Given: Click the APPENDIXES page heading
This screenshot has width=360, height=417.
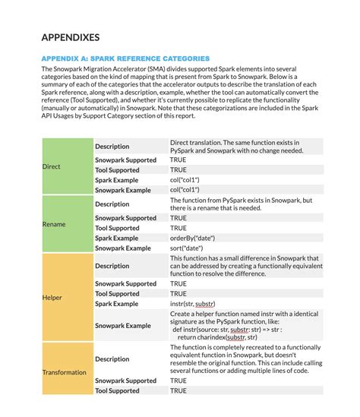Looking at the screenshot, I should click(x=70, y=37).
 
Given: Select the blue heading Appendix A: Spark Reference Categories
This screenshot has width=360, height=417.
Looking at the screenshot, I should click(x=125, y=58).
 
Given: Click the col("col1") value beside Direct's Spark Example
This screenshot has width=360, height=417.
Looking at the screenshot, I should click(x=185, y=179).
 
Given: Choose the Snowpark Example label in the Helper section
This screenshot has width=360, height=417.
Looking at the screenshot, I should click(x=122, y=325).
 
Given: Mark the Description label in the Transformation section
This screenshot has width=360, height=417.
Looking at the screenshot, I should click(x=112, y=359).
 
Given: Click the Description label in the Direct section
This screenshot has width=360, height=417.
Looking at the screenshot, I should click(x=112, y=146).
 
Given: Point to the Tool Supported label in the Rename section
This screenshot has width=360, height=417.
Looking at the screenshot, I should click(x=117, y=228).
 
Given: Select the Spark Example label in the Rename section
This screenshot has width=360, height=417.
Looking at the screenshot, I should click(x=116, y=238).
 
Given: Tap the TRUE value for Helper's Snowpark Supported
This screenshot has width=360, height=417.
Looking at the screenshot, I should click(x=178, y=283).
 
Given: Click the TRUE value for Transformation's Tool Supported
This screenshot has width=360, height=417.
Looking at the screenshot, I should click(x=178, y=390).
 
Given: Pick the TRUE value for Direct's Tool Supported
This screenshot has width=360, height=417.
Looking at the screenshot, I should click(x=178, y=169).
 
